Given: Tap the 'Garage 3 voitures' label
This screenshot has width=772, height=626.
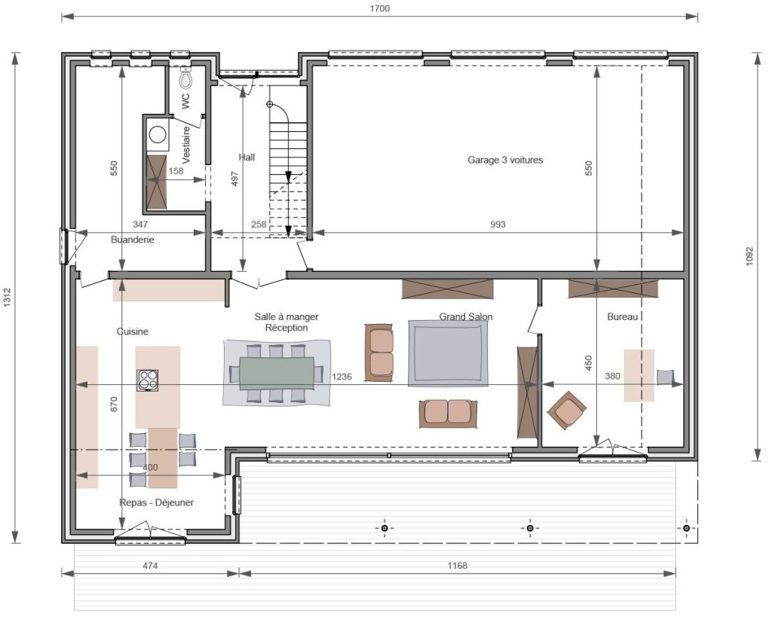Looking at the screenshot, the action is pyautogui.click(x=505, y=160).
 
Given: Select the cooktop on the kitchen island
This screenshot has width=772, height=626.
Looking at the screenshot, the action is pyautogui.click(x=148, y=380).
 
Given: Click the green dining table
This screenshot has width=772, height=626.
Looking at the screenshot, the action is pyautogui.click(x=277, y=373).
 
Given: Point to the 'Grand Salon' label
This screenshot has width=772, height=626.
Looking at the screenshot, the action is pyautogui.click(x=466, y=316).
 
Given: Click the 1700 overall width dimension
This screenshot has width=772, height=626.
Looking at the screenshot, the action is pyautogui.click(x=380, y=8).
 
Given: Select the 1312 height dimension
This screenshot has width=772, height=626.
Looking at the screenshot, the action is pyautogui.click(x=7, y=298).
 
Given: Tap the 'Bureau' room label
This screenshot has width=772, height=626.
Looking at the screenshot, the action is pyautogui.click(x=622, y=317).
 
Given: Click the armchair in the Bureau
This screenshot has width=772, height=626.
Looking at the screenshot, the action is pyautogui.click(x=567, y=410).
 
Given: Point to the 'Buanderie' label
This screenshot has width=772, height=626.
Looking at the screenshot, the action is pyautogui.click(x=133, y=240).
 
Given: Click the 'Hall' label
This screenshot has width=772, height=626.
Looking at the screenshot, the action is pyautogui.click(x=247, y=157).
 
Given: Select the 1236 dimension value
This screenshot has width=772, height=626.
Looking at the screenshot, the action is pyautogui.click(x=342, y=377).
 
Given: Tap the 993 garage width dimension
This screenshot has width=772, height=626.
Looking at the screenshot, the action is pyautogui.click(x=498, y=224).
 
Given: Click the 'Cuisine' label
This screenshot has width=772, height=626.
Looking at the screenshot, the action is pyautogui.click(x=133, y=331).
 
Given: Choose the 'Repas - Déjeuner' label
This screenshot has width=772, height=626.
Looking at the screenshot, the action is pyautogui.click(x=157, y=502).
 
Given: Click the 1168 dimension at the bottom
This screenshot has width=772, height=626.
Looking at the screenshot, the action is pyautogui.click(x=458, y=566).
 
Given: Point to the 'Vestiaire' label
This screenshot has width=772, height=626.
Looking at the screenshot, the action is pyautogui.click(x=186, y=145).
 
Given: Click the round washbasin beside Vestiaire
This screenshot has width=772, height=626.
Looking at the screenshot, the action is pyautogui.click(x=158, y=134).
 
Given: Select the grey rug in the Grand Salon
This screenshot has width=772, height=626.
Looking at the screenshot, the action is pyautogui.click(x=449, y=353).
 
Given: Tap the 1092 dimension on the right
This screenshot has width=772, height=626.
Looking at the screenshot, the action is pyautogui.click(x=749, y=256).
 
